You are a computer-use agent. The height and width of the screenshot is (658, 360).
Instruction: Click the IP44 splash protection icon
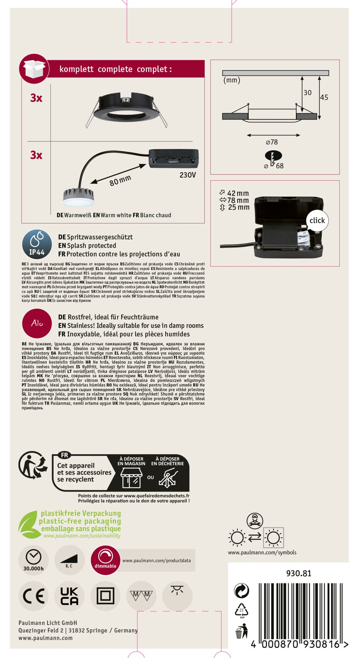(x=37, y=244)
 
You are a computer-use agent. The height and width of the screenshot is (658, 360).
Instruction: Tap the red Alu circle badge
(x=37, y=323)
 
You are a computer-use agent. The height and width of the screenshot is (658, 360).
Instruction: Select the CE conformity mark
(x=34, y=596)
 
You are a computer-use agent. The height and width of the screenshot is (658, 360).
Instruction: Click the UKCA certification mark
(x=69, y=596)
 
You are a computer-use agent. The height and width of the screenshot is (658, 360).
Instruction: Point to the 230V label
(x=188, y=175)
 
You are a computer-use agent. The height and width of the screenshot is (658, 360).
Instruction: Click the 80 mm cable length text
(x=120, y=180)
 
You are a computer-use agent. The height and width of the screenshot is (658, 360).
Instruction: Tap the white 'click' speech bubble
(x=317, y=220)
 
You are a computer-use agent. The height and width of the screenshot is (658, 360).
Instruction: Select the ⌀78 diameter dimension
(x=272, y=142)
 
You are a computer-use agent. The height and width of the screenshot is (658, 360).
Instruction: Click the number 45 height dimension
(x=324, y=97)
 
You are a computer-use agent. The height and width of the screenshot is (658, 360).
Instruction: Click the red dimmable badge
(x=105, y=560)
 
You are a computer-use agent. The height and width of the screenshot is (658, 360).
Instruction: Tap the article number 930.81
(x=299, y=573)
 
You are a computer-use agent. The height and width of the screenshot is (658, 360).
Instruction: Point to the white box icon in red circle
(x=34, y=69)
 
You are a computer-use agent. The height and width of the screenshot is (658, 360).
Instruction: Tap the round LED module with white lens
(x=78, y=198)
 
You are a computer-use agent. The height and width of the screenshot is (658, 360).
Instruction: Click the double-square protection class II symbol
(x=106, y=596)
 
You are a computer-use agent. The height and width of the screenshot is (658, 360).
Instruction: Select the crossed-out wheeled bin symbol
(x=241, y=631)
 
